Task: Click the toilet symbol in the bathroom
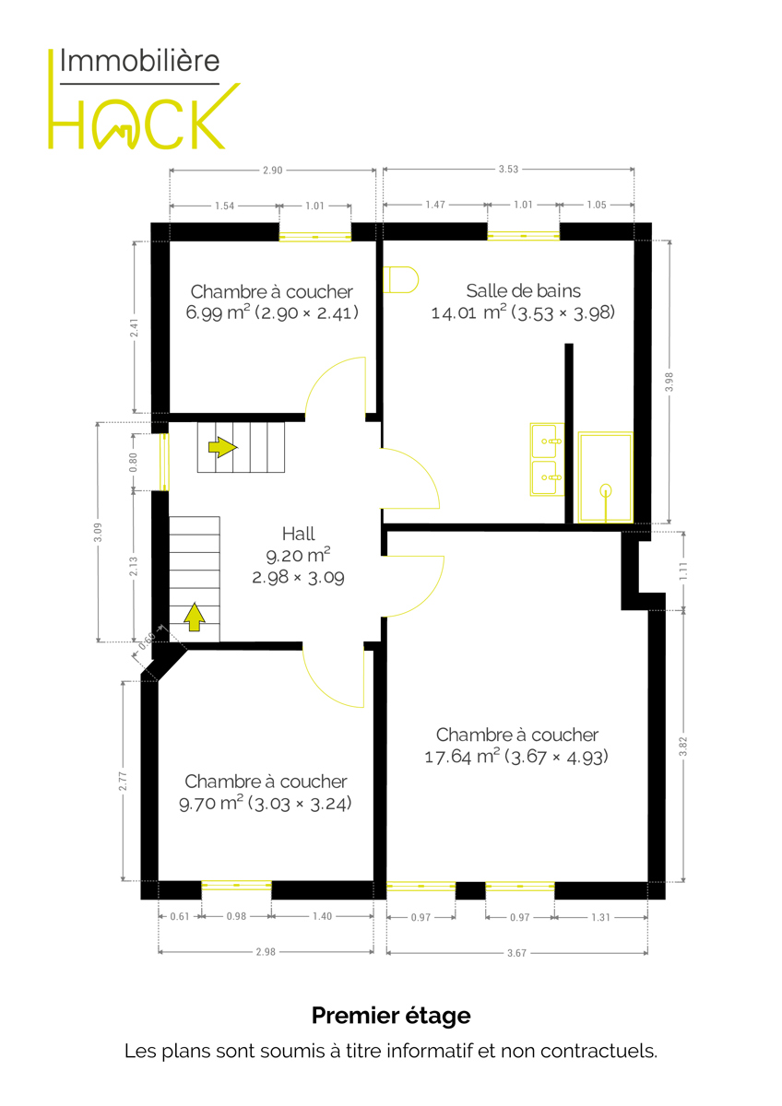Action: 400,280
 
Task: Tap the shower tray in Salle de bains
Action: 606,477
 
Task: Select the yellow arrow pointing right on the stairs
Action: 223,447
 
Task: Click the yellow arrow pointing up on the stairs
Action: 195,618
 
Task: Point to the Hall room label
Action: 299,534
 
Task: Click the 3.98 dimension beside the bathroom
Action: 669,382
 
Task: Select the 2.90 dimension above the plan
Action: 273,171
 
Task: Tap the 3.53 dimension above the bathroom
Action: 508,170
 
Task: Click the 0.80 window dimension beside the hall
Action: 134,462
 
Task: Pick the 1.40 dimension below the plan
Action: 322,916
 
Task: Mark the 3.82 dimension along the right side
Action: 682,746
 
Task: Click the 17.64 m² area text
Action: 448,757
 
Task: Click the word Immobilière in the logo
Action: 140,61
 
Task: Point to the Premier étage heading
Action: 391,1016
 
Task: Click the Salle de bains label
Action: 524,291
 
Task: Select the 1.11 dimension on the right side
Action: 683,571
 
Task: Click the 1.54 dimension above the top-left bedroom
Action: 225,206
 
